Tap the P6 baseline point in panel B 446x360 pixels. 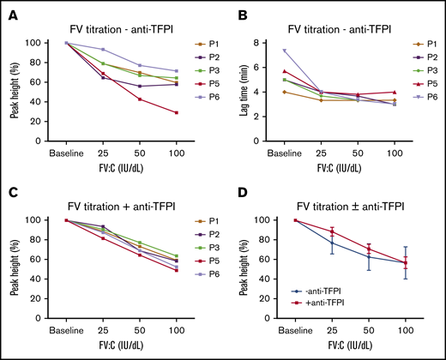click(x=285, y=51)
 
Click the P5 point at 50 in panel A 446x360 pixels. click(x=139, y=99)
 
